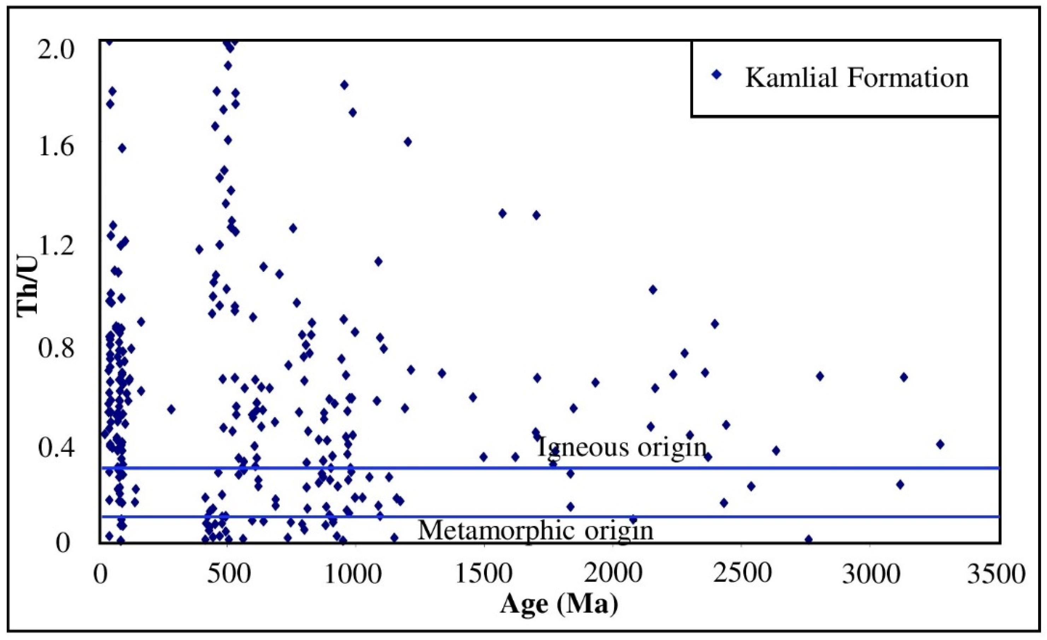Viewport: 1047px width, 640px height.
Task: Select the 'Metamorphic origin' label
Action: (536, 530)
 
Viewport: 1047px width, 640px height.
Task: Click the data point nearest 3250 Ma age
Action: (940, 444)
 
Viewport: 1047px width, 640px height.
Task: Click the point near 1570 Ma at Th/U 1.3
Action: (503, 214)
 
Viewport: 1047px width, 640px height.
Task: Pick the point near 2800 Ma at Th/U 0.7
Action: (820, 376)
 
